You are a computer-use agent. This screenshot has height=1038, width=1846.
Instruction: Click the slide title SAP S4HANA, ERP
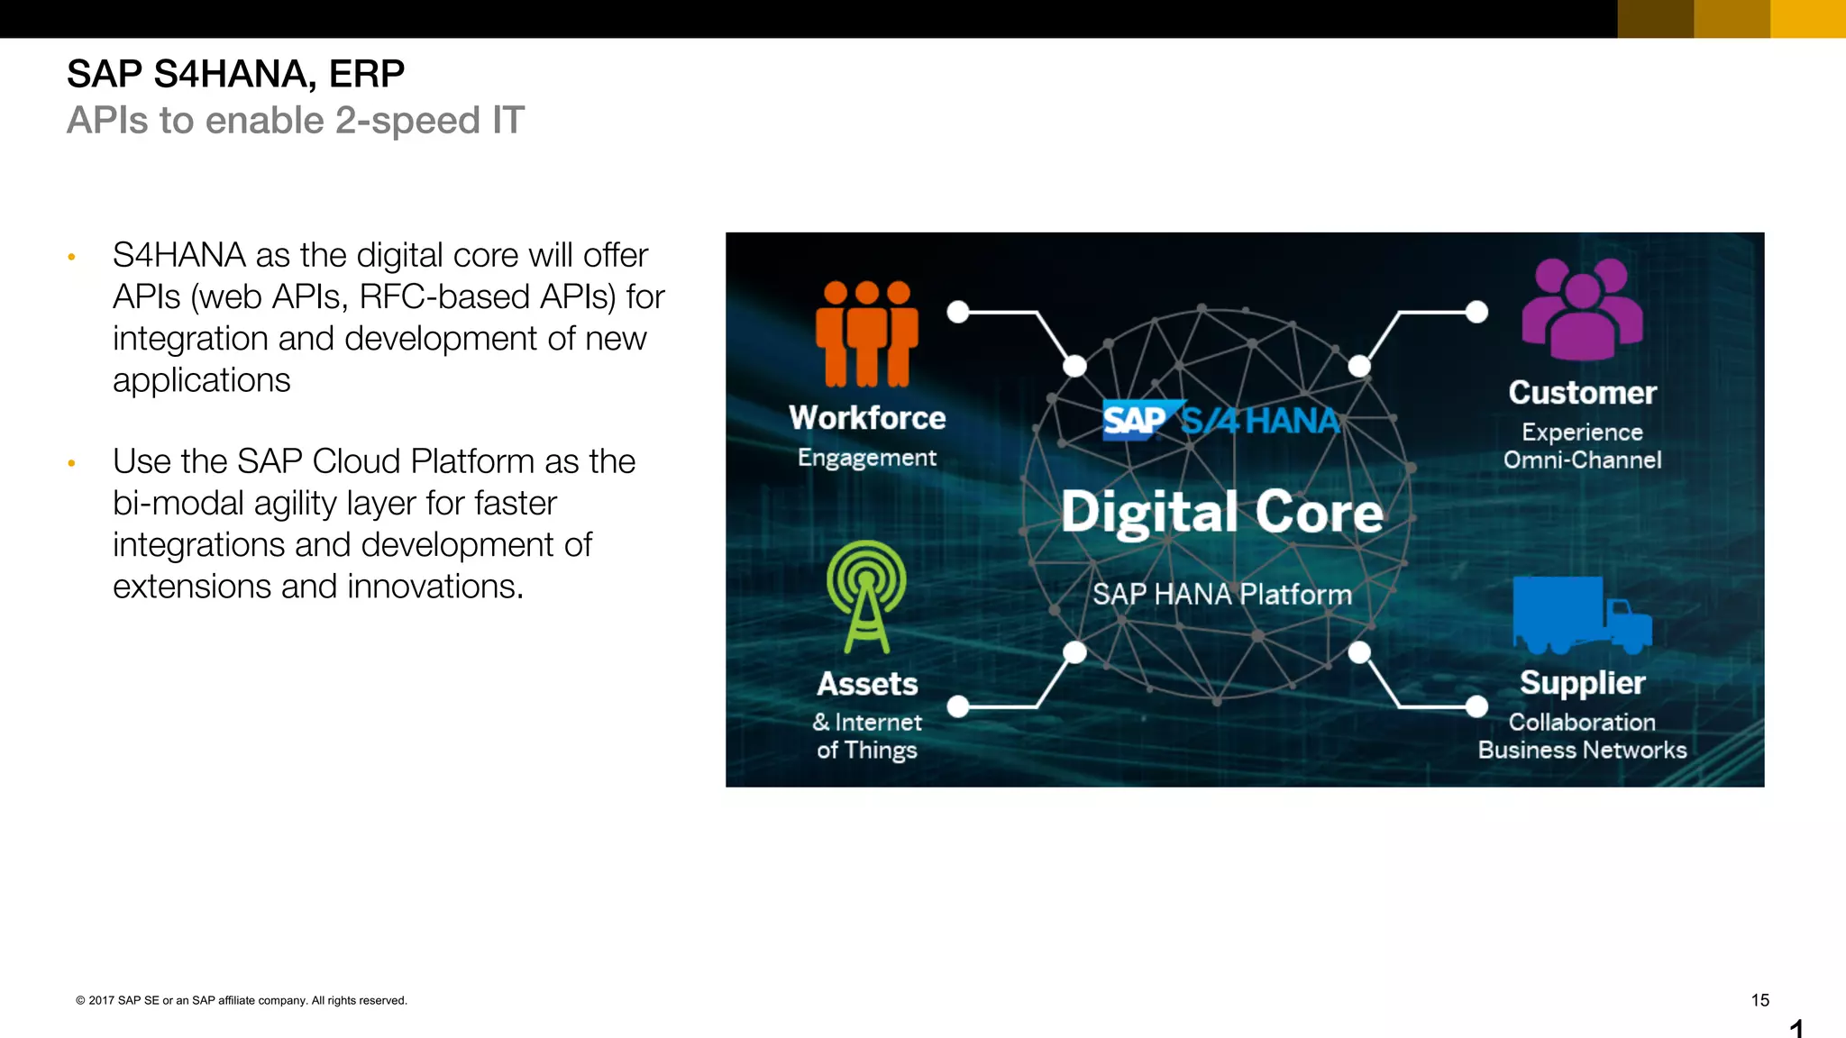[x=235, y=74]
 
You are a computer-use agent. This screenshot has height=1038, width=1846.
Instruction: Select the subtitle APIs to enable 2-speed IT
[x=295, y=121]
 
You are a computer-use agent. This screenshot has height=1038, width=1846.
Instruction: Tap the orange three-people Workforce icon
[x=866, y=332]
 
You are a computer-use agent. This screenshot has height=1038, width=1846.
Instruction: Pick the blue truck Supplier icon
[x=1581, y=615]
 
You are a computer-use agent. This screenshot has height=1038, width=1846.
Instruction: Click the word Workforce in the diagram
[x=867, y=418]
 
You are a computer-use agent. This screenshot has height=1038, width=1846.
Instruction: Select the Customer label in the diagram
[x=1582, y=393]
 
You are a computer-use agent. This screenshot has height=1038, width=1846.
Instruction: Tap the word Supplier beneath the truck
[x=1582, y=683]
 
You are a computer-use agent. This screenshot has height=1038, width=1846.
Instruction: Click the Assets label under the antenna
[x=867, y=684]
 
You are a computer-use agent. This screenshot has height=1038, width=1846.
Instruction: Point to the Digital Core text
[x=1221, y=513]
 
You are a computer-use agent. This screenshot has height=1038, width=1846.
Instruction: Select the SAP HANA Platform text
[x=1221, y=595]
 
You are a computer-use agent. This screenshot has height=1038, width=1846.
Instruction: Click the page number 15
[x=1759, y=1000]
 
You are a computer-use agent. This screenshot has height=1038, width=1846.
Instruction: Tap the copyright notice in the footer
[x=242, y=1000]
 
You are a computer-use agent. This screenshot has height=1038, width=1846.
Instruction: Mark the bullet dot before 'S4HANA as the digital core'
[x=71, y=258]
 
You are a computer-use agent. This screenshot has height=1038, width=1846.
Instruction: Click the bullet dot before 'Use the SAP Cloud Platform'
[x=71, y=464]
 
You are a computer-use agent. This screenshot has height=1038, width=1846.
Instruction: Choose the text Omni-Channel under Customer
[x=1582, y=460]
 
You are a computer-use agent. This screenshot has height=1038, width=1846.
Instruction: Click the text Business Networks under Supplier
[x=1582, y=751]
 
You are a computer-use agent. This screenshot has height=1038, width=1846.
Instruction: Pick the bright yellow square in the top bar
[x=1808, y=19]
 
